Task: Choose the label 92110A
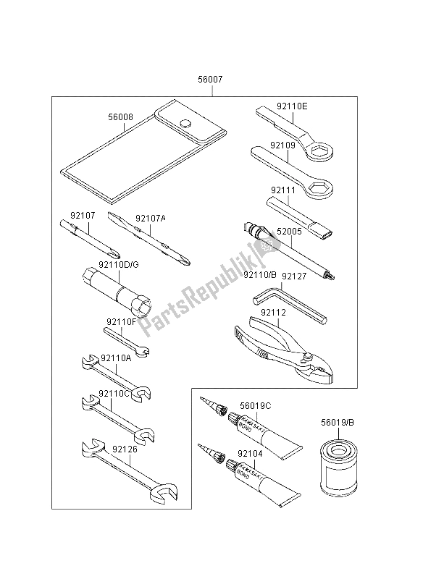click(116, 358)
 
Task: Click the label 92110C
click(116, 394)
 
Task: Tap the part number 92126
click(125, 449)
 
